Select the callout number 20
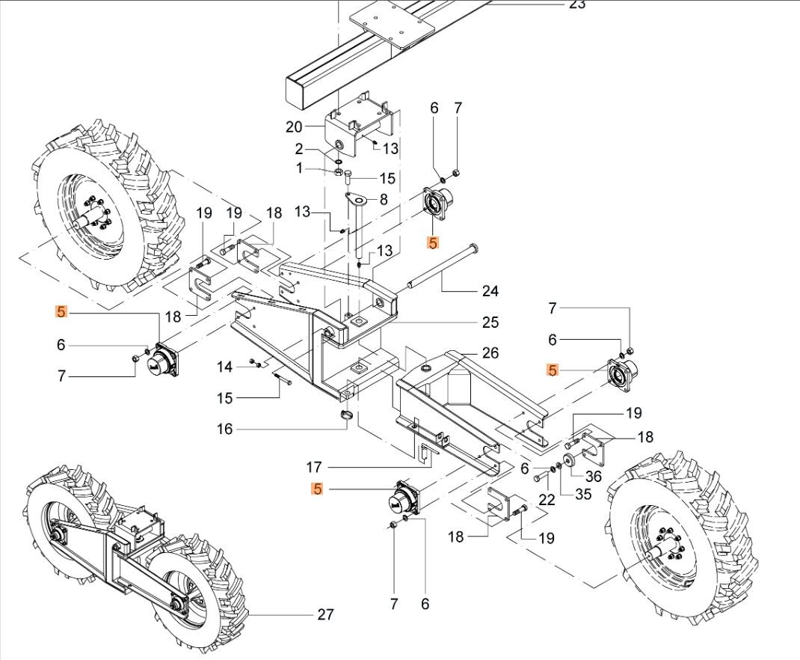point(293,127)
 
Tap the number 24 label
point(490,290)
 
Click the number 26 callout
point(490,352)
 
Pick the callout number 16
point(225,429)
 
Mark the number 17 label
point(314,467)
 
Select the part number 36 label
point(594,476)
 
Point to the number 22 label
point(547,500)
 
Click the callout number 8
point(384,200)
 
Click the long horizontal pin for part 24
point(441,266)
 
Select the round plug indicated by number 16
point(345,415)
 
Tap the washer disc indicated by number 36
point(570,459)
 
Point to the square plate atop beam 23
point(394,28)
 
